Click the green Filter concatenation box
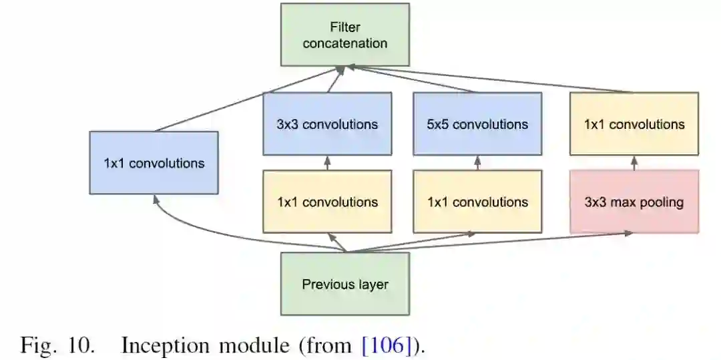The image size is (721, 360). click(x=344, y=35)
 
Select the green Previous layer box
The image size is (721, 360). click(x=344, y=284)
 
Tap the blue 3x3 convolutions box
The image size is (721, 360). click(x=327, y=124)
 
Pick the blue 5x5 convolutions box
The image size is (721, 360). click(x=477, y=124)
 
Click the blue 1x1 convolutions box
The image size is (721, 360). click(x=154, y=163)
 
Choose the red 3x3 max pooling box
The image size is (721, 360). click(x=634, y=202)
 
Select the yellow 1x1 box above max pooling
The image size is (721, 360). click(x=634, y=124)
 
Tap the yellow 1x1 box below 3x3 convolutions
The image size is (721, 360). click(x=327, y=202)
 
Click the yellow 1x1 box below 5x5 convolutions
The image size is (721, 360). click(x=477, y=202)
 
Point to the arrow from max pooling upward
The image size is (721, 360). click(x=634, y=163)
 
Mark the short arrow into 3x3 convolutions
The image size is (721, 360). click(x=327, y=163)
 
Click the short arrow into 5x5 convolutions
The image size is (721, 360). click(x=477, y=163)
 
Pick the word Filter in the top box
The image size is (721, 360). click(x=344, y=27)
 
